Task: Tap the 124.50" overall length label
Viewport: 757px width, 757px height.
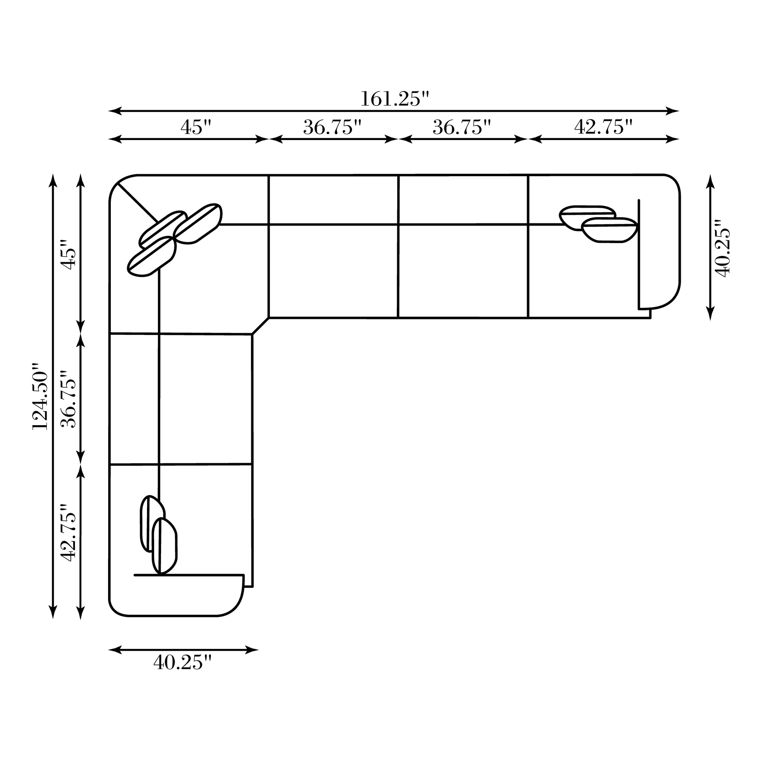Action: tap(40, 396)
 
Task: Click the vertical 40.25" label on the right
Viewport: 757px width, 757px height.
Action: tap(722, 249)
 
